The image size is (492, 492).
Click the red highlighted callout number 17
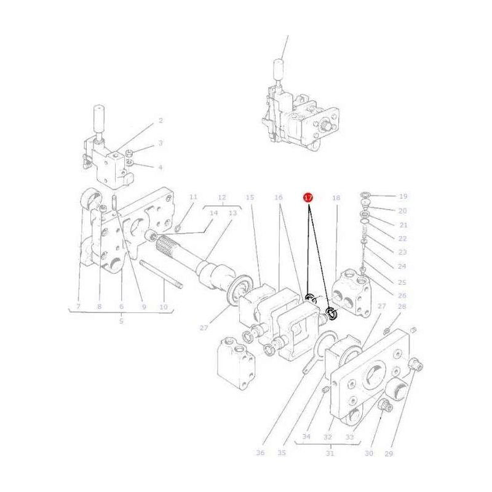(308, 197)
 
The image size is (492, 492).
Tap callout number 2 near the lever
(161, 121)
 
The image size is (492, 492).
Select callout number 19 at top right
(403, 197)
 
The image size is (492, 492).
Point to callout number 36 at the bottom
(260, 453)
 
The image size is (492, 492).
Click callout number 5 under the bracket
(121, 320)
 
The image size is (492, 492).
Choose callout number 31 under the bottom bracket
(330, 453)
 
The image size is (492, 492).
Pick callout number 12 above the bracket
(222, 197)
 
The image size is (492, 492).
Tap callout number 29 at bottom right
(388, 453)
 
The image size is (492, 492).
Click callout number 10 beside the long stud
(163, 306)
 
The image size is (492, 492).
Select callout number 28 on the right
(402, 306)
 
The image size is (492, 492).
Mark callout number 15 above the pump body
(250, 197)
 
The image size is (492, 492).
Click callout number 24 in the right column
(402, 266)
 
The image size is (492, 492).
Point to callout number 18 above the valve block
(336, 198)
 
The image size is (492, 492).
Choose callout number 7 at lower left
(79, 306)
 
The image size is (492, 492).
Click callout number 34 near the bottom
(306, 437)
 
